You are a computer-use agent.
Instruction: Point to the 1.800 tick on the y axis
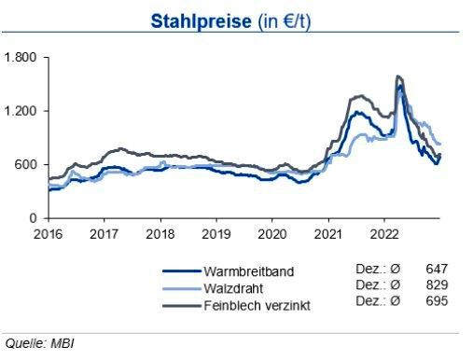click(21, 58)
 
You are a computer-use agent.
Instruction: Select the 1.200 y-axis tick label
click(21, 111)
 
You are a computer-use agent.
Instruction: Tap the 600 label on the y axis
click(25, 165)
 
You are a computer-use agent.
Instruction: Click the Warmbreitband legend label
click(248, 271)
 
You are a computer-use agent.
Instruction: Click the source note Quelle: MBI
click(38, 343)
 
